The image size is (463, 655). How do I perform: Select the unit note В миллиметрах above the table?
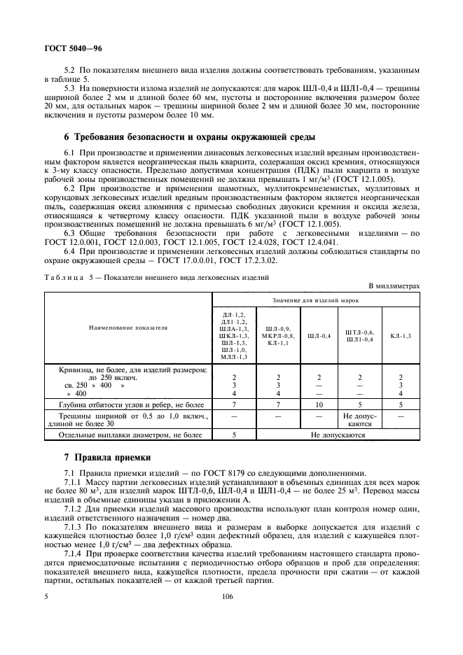point(394,286)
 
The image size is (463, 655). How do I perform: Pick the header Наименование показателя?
point(128,327)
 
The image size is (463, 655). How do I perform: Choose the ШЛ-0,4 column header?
point(319,336)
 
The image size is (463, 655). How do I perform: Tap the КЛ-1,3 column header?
point(400,336)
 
